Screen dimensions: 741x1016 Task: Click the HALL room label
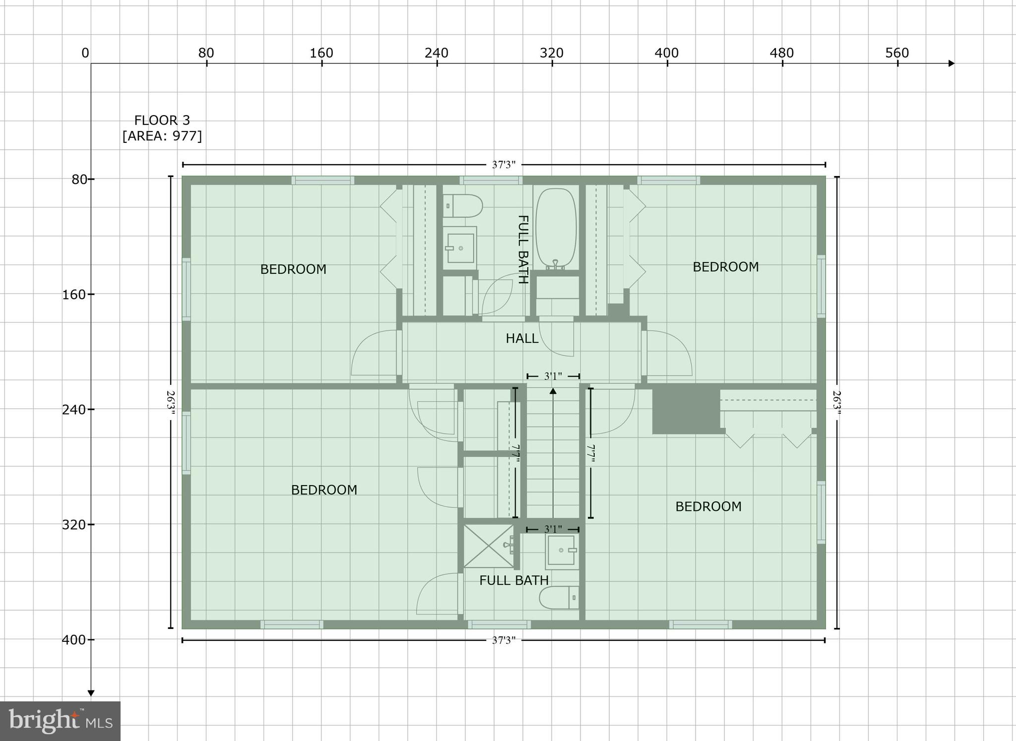pos(522,339)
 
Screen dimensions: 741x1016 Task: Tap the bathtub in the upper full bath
pos(556,228)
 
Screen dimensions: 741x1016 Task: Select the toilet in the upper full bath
pos(462,206)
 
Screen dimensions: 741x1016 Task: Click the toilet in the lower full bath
pos(559,598)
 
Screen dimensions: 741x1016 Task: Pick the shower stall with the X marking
pos(488,546)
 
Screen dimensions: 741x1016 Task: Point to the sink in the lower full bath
pos(562,550)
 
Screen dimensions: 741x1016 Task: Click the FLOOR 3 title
pos(162,121)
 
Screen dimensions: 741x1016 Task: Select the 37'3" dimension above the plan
pos(504,165)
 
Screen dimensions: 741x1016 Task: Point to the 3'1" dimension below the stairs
pos(553,529)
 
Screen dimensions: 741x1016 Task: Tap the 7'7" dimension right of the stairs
pos(590,453)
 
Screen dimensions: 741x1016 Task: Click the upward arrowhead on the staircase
pos(553,391)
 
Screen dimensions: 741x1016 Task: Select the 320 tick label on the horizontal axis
pos(552,53)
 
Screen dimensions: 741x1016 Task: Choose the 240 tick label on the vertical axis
pos(73,409)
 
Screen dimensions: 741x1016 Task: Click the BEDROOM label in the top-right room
pos(725,267)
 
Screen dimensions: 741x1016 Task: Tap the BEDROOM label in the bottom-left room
pos(324,490)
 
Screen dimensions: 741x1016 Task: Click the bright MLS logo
pos(60,721)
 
